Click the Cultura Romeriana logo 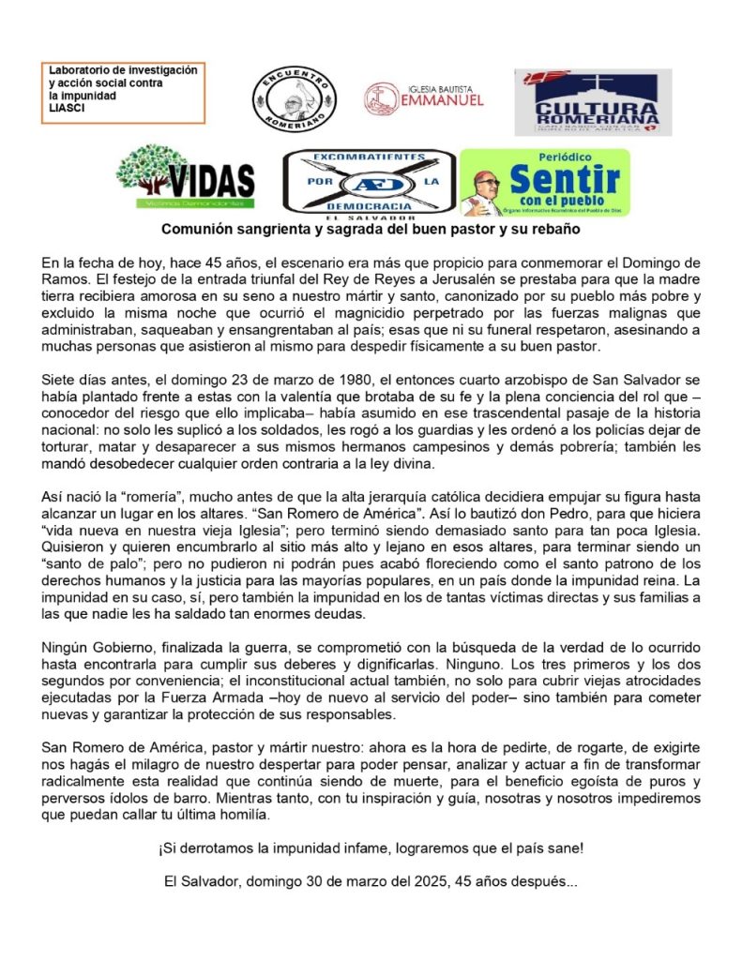pos(593,102)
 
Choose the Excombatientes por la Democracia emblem pos(370,183)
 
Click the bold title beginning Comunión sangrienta pos(371,229)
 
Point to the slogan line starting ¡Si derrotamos pos(371,848)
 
